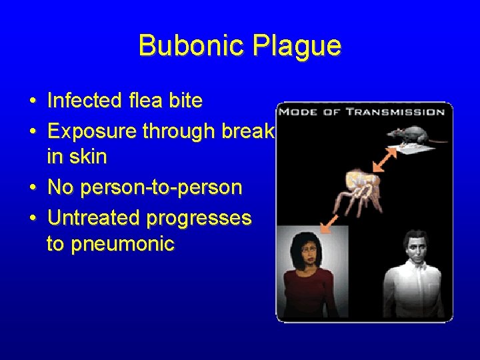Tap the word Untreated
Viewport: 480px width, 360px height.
click(94, 218)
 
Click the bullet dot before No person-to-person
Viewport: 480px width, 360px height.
click(33, 188)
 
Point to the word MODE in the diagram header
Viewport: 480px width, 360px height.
click(298, 112)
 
